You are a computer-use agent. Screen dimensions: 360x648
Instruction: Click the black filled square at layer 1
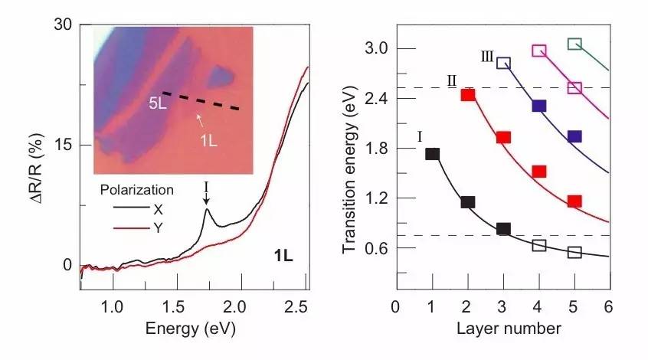tap(432, 154)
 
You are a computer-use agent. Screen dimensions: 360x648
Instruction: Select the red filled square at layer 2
tap(468, 95)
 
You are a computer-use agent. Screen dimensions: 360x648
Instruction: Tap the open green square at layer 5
tap(574, 44)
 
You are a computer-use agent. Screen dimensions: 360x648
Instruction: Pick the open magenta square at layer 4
tap(539, 51)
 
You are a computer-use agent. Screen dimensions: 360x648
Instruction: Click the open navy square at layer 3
tap(503, 63)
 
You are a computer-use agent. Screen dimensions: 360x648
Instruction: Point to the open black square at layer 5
tap(574, 252)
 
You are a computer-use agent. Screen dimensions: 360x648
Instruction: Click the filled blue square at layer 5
tap(574, 136)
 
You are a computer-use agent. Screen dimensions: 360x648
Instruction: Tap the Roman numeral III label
tap(487, 57)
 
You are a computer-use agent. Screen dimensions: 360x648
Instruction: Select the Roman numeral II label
tap(452, 81)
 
